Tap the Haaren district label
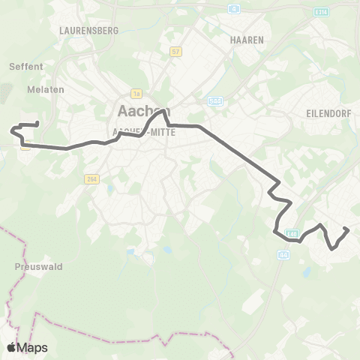tap(247, 40)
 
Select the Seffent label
tap(26, 66)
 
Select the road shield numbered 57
tap(176, 52)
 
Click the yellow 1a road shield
tap(136, 94)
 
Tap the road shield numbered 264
tap(92, 178)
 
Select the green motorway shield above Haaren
tap(234, 9)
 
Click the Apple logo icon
tap(11, 348)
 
